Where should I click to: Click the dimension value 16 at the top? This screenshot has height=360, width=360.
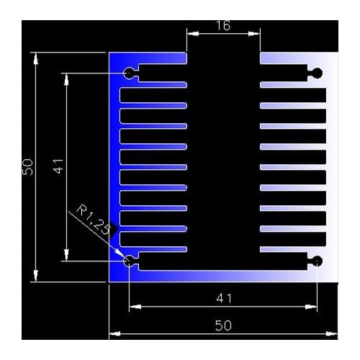point(223,26)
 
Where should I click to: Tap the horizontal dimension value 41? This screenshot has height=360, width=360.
point(223,298)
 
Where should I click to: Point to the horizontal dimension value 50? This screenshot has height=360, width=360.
point(223,325)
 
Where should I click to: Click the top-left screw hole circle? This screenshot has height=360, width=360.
point(130,73)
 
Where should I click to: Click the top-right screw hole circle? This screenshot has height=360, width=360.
point(317,73)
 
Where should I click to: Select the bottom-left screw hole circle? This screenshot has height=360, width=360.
point(130,261)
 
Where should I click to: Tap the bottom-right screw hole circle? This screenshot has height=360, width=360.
point(317,261)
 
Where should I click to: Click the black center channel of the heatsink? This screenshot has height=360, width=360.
point(223,158)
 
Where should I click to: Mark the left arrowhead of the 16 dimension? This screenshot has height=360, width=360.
point(191,32)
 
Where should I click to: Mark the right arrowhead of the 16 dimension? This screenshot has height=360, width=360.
point(256,32)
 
